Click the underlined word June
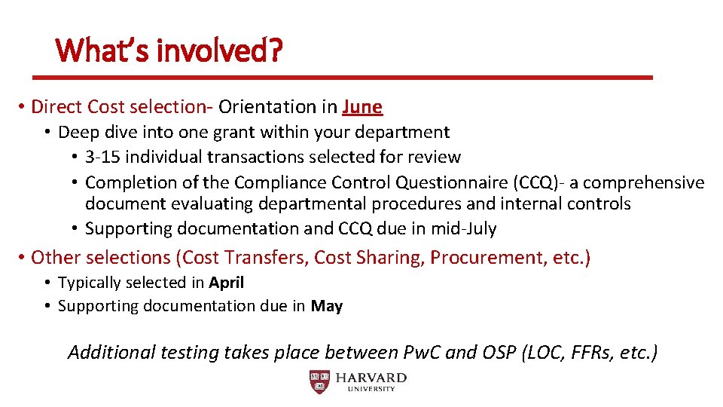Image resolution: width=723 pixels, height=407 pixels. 362,107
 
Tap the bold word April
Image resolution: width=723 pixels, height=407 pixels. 227,283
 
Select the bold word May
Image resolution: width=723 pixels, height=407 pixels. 326,306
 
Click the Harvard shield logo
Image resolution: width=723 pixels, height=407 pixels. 319,382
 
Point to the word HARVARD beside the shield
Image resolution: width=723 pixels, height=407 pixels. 371,378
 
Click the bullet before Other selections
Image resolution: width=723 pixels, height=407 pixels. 22,258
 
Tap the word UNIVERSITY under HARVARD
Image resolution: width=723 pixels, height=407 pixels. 371,389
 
